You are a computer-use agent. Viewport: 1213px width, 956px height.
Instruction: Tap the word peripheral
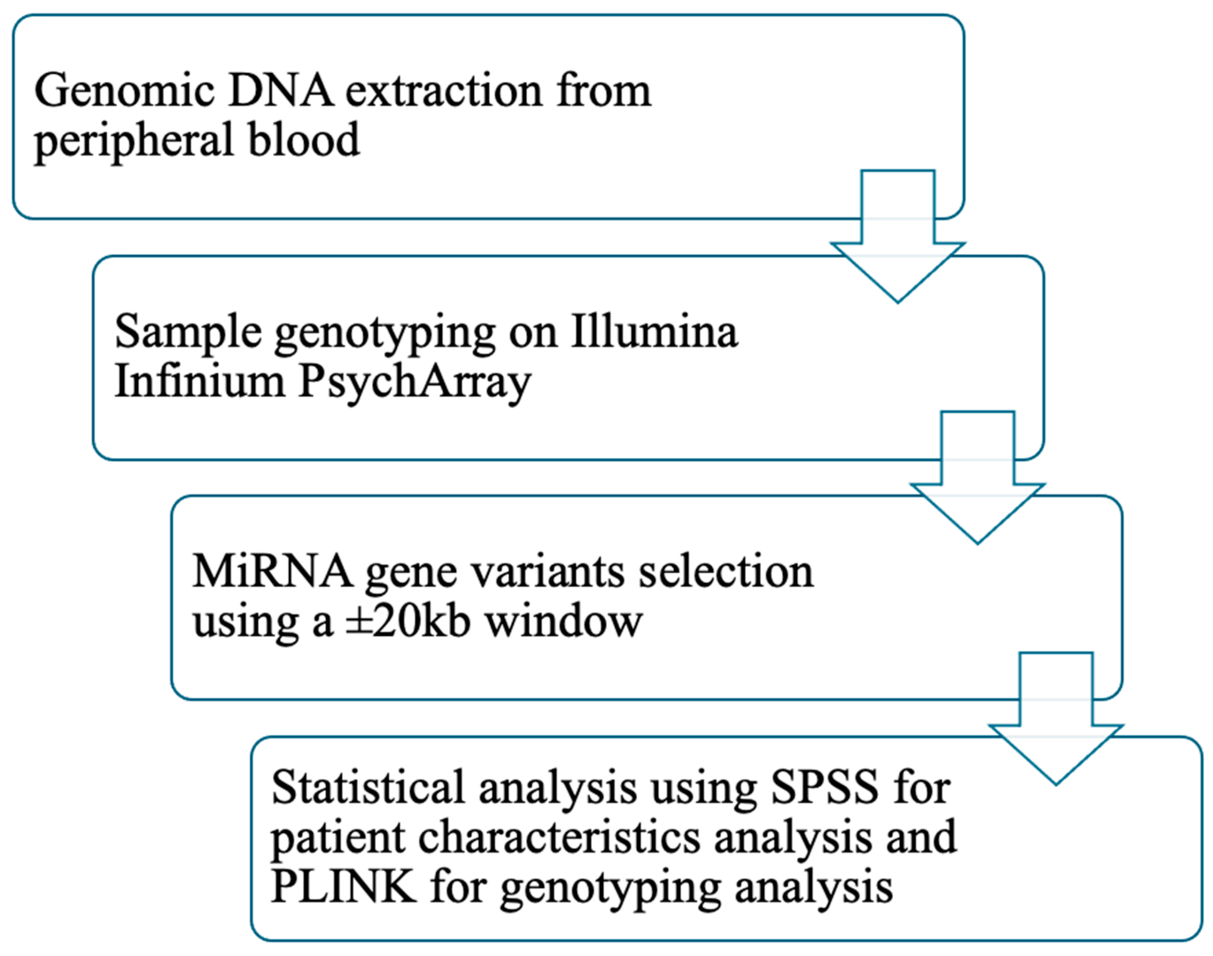click(134, 141)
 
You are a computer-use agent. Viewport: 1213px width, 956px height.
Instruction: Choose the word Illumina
click(654, 332)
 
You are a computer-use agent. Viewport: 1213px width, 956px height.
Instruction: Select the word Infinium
click(200, 382)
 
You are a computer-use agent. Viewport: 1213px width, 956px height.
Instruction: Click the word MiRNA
click(272, 572)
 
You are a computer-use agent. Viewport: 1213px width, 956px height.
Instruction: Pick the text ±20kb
click(407, 622)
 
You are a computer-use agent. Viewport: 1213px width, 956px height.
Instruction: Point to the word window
click(563, 622)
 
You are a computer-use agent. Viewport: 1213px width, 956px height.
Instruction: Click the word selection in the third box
click(726, 572)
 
